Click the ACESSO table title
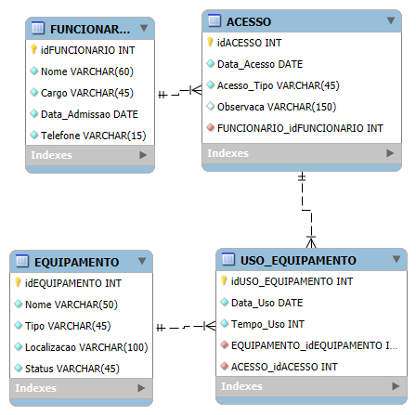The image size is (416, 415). (x=249, y=22)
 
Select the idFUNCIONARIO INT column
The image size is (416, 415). (x=87, y=50)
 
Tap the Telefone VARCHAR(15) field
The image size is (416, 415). (x=93, y=136)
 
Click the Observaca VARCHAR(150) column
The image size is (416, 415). (x=277, y=107)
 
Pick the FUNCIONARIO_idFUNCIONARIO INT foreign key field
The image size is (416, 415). (x=300, y=128)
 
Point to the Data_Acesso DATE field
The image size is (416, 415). (x=260, y=64)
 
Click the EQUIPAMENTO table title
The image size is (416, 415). (x=76, y=263)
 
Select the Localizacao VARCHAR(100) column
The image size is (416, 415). (x=86, y=347)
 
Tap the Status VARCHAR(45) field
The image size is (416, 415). (x=72, y=369)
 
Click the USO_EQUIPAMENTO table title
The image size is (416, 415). (x=298, y=261)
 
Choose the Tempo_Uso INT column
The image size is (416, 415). (x=267, y=324)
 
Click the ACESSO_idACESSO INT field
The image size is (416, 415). (x=284, y=367)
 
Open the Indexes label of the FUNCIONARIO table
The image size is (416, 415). (x=51, y=155)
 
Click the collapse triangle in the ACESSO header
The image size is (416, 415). (x=391, y=20)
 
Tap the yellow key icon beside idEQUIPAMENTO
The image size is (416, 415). (x=18, y=282)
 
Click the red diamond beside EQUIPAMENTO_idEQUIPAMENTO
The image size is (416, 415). (x=225, y=344)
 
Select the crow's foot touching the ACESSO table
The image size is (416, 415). (x=196, y=90)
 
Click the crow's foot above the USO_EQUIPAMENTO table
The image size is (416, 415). (x=311, y=242)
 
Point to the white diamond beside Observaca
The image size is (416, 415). (x=211, y=106)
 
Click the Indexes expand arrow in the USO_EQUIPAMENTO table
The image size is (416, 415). (x=396, y=386)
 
